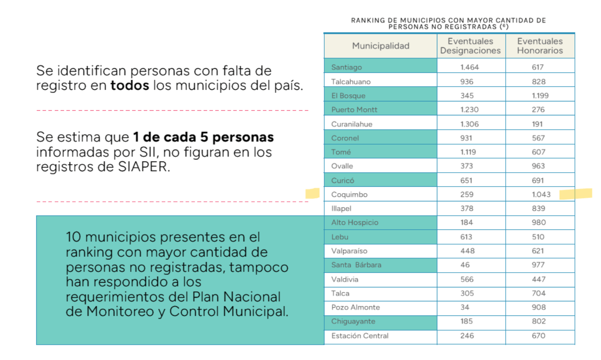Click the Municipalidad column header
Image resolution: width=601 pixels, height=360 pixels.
381,46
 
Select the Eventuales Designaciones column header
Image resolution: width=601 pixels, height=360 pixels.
470,46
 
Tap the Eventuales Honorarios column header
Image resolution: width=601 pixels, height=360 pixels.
540,46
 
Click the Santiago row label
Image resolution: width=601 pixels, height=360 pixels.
346,67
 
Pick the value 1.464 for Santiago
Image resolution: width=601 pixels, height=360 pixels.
469,67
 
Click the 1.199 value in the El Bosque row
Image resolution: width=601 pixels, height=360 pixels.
540,96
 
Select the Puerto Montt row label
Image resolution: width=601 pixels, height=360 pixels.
354,110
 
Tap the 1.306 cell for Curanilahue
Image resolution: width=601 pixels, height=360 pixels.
469,124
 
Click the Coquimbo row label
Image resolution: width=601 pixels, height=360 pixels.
349,194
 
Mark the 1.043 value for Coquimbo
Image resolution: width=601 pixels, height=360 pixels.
541,194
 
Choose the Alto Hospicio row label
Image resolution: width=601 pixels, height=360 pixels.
354,222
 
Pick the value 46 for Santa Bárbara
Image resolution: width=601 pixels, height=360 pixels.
465,265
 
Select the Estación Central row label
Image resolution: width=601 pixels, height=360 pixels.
360,335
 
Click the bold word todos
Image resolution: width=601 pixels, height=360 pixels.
129,86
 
